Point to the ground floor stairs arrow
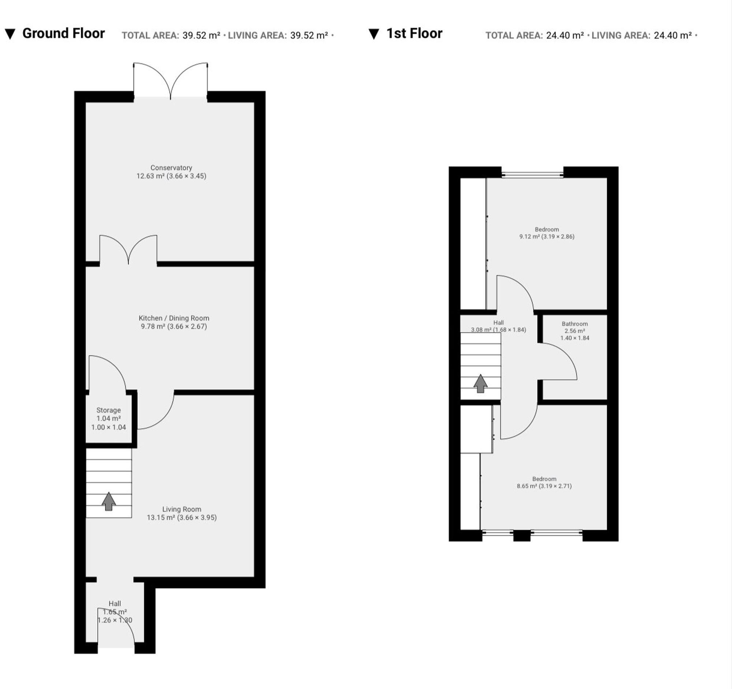click(x=109, y=501)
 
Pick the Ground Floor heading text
click(x=63, y=33)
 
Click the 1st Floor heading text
click(x=414, y=33)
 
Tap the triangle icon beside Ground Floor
click(x=10, y=34)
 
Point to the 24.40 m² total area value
click(x=564, y=36)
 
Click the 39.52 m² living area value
click(x=309, y=36)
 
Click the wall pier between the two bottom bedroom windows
click(x=521, y=536)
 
